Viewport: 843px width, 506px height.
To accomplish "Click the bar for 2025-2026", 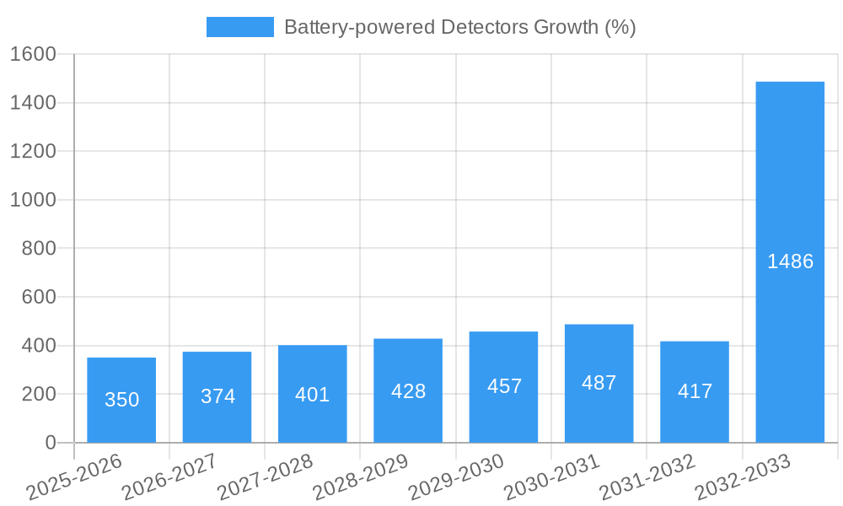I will point(121,400).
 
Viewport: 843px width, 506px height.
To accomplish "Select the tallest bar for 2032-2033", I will point(790,261).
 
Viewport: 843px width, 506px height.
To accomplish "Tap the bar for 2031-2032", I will point(695,391).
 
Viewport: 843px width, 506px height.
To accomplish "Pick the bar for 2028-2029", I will point(408,390).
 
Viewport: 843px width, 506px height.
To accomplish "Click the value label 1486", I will point(790,261).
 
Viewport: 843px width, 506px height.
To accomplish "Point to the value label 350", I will point(121,400).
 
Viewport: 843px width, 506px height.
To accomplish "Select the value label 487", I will point(599,383).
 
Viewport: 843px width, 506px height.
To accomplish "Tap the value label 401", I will point(313,394).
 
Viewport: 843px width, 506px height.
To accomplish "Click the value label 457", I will point(504,386).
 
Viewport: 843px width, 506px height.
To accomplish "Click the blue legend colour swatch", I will point(240,27).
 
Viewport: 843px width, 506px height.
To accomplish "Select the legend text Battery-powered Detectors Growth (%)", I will point(459,27).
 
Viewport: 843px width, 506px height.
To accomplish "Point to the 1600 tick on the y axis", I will point(32,54).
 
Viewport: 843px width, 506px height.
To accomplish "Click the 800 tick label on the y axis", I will point(38,249).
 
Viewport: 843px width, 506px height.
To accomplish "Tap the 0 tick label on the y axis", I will point(50,443).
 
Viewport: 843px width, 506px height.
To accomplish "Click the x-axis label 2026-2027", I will point(169,477).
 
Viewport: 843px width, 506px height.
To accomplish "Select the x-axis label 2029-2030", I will point(456,477).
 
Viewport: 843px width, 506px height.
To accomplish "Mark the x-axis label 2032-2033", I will point(743,477).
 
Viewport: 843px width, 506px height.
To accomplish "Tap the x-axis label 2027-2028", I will point(265,477).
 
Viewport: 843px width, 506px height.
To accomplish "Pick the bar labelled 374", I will point(217,396).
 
